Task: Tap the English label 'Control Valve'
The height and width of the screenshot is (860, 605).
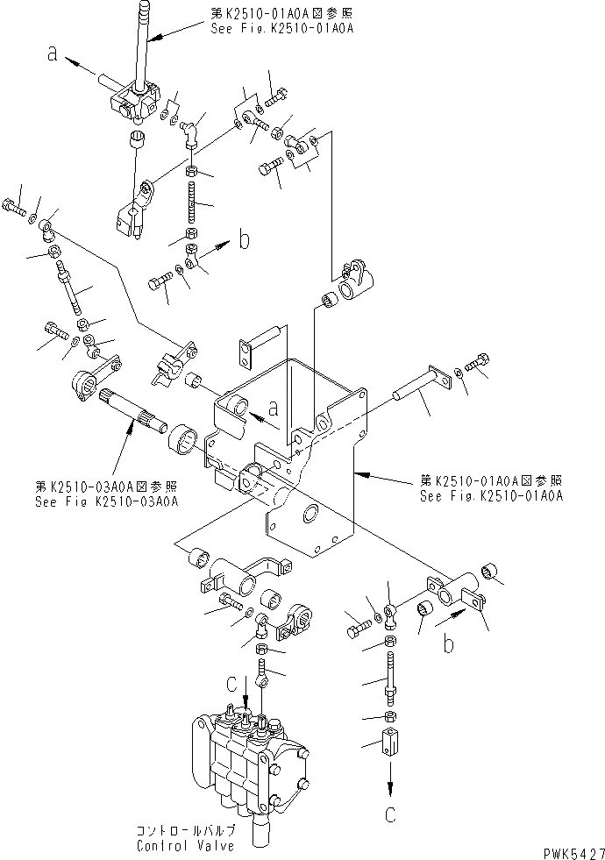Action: click(185, 846)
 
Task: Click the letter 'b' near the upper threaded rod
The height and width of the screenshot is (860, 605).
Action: click(245, 239)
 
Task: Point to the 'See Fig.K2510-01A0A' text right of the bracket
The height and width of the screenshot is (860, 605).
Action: click(490, 494)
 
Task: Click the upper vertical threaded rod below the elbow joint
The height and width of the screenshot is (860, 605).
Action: click(194, 203)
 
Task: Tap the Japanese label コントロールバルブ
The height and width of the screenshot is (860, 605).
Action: click(185, 831)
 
